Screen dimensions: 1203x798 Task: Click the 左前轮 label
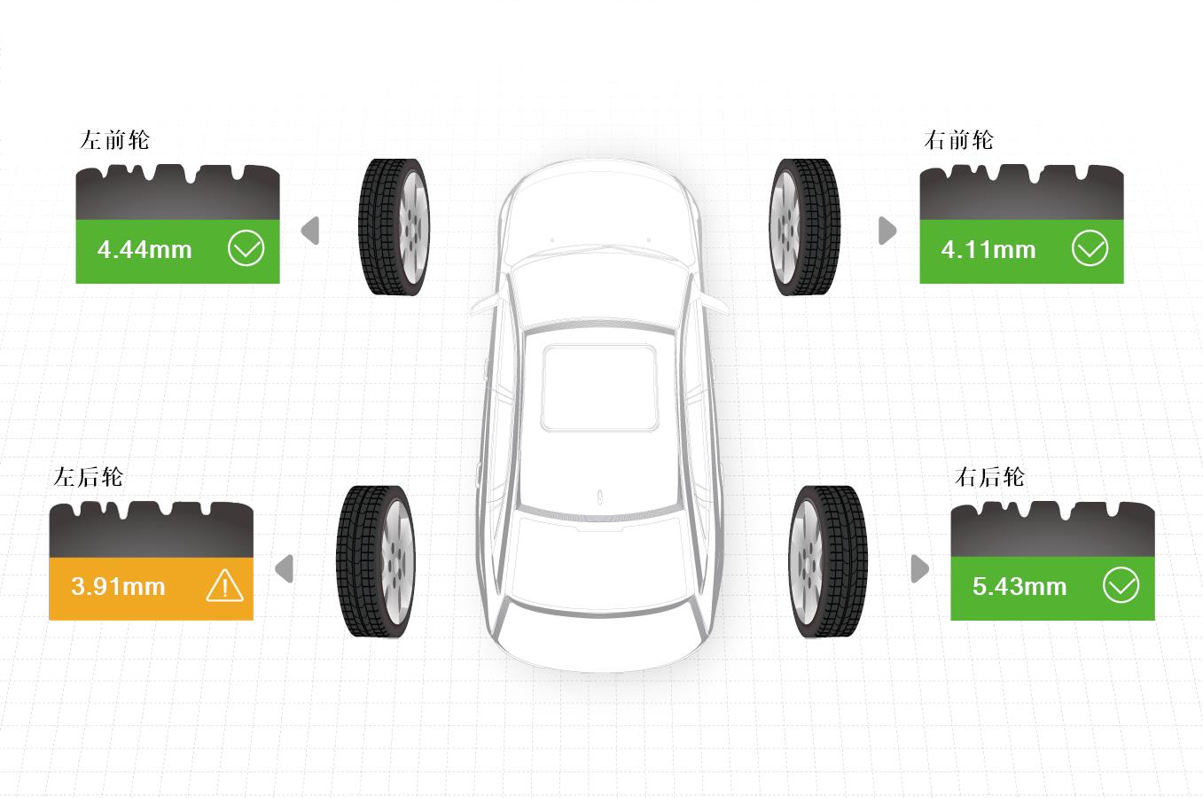pyautogui.click(x=114, y=140)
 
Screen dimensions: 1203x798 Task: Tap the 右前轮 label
pyautogui.click(x=958, y=140)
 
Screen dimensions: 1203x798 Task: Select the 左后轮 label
pyautogui.click(x=88, y=477)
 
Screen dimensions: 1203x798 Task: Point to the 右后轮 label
pyautogui.click(x=989, y=477)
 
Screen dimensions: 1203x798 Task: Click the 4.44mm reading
pyautogui.click(x=145, y=250)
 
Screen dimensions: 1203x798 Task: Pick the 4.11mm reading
pyautogui.click(x=988, y=250)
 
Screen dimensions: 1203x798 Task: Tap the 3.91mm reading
pyautogui.click(x=118, y=586)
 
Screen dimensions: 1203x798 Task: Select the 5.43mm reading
pyautogui.click(x=1019, y=586)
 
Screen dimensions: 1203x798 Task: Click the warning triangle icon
pyautogui.click(x=225, y=585)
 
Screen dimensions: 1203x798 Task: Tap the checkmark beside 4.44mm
pyautogui.click(x=246, y=248)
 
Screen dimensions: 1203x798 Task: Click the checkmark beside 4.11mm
pyautogui.click(x=1090, y=248)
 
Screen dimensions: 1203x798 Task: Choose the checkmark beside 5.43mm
pyautogui.click(x=1121, y=585)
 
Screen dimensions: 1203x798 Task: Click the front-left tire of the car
pyautogui.click(x=394, y=227)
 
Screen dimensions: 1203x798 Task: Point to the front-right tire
pyautogui.click(x=804, y=227)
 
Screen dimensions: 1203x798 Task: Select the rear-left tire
pyautogui.click(x=376, y=562)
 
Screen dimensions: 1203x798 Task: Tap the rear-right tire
pyautogui.click(x=828, y=562)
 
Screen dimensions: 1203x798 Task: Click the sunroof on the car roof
pyautogui.click(x=599, y=387)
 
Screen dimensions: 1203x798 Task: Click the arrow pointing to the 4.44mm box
pyautogui.click(x=310, y=231)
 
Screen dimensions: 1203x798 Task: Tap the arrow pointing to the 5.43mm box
pyautogui.click(x=920, y=568)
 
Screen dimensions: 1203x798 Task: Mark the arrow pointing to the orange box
pyautogui.click(x=284, y=568)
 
